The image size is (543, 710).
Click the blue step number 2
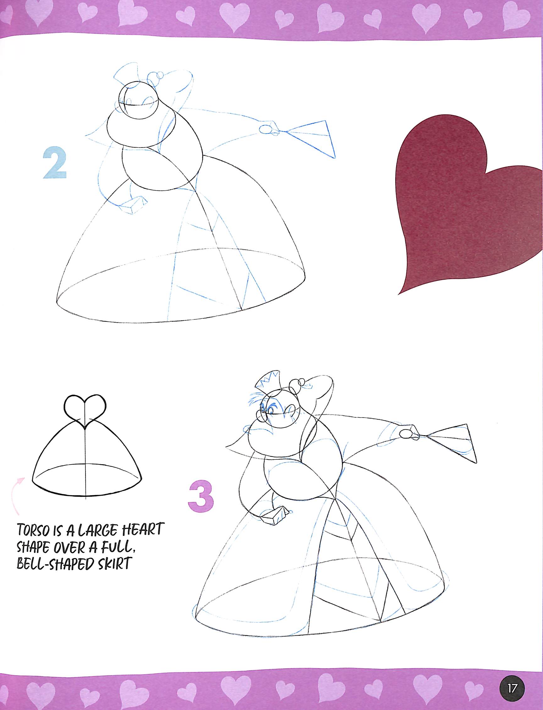[55, 164]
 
